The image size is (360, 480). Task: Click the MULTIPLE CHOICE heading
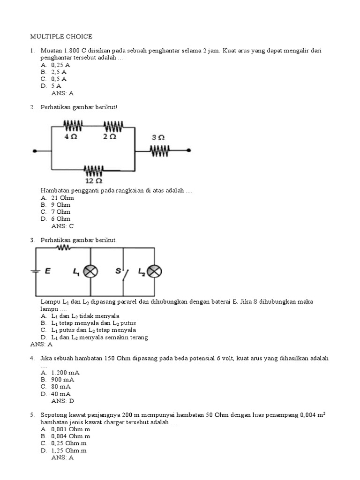click(x=61, y=36)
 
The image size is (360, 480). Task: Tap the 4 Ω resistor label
click(x=70, y=136)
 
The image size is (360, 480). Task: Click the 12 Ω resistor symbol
click(x=94, y=169)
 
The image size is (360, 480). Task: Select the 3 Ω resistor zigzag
click(x=160, y=150)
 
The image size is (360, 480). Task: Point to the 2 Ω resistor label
click(x=110, y=136)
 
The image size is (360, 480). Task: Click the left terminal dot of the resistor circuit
click(x=35, y=151)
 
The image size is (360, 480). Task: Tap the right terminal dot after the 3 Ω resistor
click(x=188, y=150)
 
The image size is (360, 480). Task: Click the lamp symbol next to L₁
click(x=90, y=271)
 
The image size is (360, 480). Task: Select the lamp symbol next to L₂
click(x=155, y=271)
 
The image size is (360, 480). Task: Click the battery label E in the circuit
click(x=47, y=271)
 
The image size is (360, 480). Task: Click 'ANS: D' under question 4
click(x=63, y=401)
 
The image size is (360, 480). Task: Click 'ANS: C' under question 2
click(x=63, y=226)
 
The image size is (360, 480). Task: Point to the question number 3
click(x=32, y=240)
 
